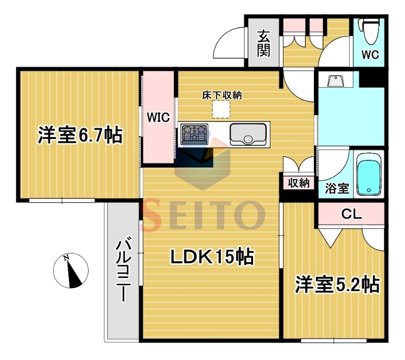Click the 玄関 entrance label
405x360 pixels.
click(x=263, y=43)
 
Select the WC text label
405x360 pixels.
click(x=370, y=55)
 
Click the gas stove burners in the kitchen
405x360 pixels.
click(x=194, y=134)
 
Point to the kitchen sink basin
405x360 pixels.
click(x=248, y=134)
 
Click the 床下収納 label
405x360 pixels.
click(x=222, y=95)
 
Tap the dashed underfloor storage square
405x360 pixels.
click(x=221, y=109)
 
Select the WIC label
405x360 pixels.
click(x=158, y=117)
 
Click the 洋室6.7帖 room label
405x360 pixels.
click(x=80, y=135)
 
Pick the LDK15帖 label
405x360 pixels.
click(x=212, y=256)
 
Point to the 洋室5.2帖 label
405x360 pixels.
click(x=337, y=285)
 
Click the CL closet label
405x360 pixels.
click(x=351, y=214)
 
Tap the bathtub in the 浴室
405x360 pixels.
click(x=369, y=175)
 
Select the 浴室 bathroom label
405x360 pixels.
click(x=337, y=188)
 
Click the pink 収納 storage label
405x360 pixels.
click(x=299, y=183)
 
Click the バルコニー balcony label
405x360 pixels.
click(x=124, y=271)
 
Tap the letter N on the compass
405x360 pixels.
click(x=66, y=258)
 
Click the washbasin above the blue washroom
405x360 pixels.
click(x=335, y=81)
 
